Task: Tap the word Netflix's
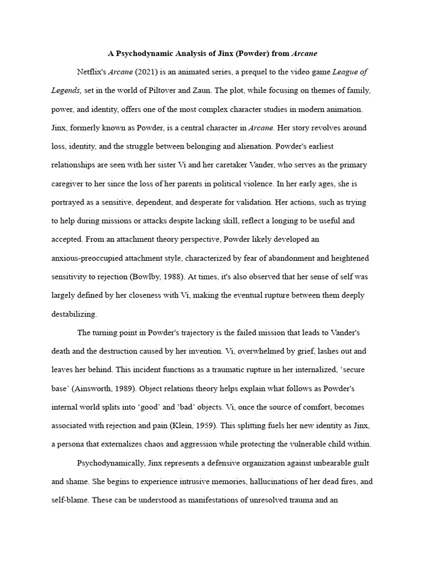[91, 72]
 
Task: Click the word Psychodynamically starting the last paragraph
[111, 463]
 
